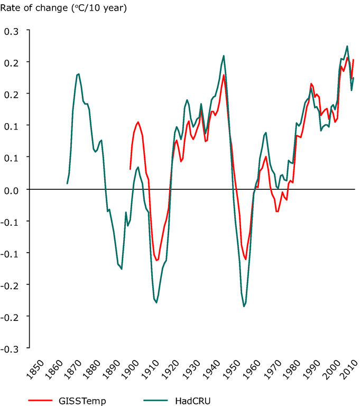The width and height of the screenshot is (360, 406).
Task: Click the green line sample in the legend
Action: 148,401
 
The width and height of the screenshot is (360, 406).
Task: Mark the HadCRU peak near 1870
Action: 78,74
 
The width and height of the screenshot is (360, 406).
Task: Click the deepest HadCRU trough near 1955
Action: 244,307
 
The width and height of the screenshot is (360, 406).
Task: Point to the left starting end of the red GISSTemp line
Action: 130,169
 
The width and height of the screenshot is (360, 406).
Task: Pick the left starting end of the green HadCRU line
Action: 67,183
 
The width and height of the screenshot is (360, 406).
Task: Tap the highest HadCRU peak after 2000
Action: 347,46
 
